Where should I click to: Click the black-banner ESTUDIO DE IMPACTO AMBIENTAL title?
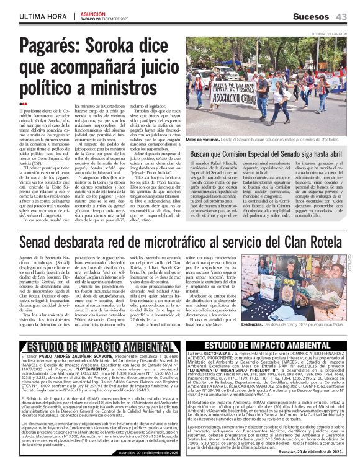pyautogui.click(x=268, y=345)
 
